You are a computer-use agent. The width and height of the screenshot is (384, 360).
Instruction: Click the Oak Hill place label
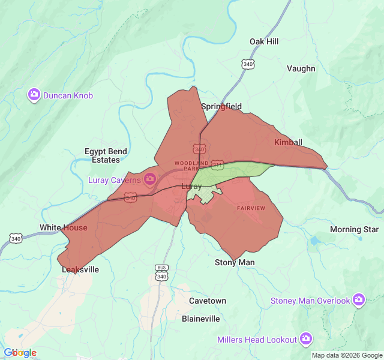tap(264, 41)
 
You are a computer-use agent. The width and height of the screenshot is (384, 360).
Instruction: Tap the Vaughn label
tap(301, 68)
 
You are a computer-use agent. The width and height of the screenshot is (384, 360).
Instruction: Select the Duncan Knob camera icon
tap(34, 95)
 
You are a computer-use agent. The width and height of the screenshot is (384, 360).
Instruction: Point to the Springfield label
tap(221, 107)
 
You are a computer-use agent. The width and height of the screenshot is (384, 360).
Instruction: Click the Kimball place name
tap(288, 142)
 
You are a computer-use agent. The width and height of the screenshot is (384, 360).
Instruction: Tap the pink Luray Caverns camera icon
tap(149, 179)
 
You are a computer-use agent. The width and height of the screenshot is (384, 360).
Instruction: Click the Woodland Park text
tap(192, 166)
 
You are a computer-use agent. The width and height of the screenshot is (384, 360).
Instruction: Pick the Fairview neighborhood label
tap(251, 208)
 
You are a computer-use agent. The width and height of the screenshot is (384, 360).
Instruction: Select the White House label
tap(63, 227)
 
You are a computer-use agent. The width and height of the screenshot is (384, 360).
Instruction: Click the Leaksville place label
tap(80, 270)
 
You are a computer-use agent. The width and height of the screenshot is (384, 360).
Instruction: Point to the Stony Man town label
tap(235, 262)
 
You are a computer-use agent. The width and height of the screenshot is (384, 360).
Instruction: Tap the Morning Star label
tap(354, 229)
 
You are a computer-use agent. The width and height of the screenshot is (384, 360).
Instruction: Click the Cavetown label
tap(208, 301)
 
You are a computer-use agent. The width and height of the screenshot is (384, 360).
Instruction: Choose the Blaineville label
tap(201, 319)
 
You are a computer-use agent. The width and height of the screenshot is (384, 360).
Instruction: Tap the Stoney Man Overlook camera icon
tap(359, 299)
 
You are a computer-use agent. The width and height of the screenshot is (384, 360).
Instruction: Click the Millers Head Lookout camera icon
tap(306, 339)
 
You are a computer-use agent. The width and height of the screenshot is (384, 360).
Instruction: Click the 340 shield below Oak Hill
tap(247, 63)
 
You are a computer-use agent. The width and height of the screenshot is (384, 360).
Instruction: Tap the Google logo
tap(20, 353)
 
